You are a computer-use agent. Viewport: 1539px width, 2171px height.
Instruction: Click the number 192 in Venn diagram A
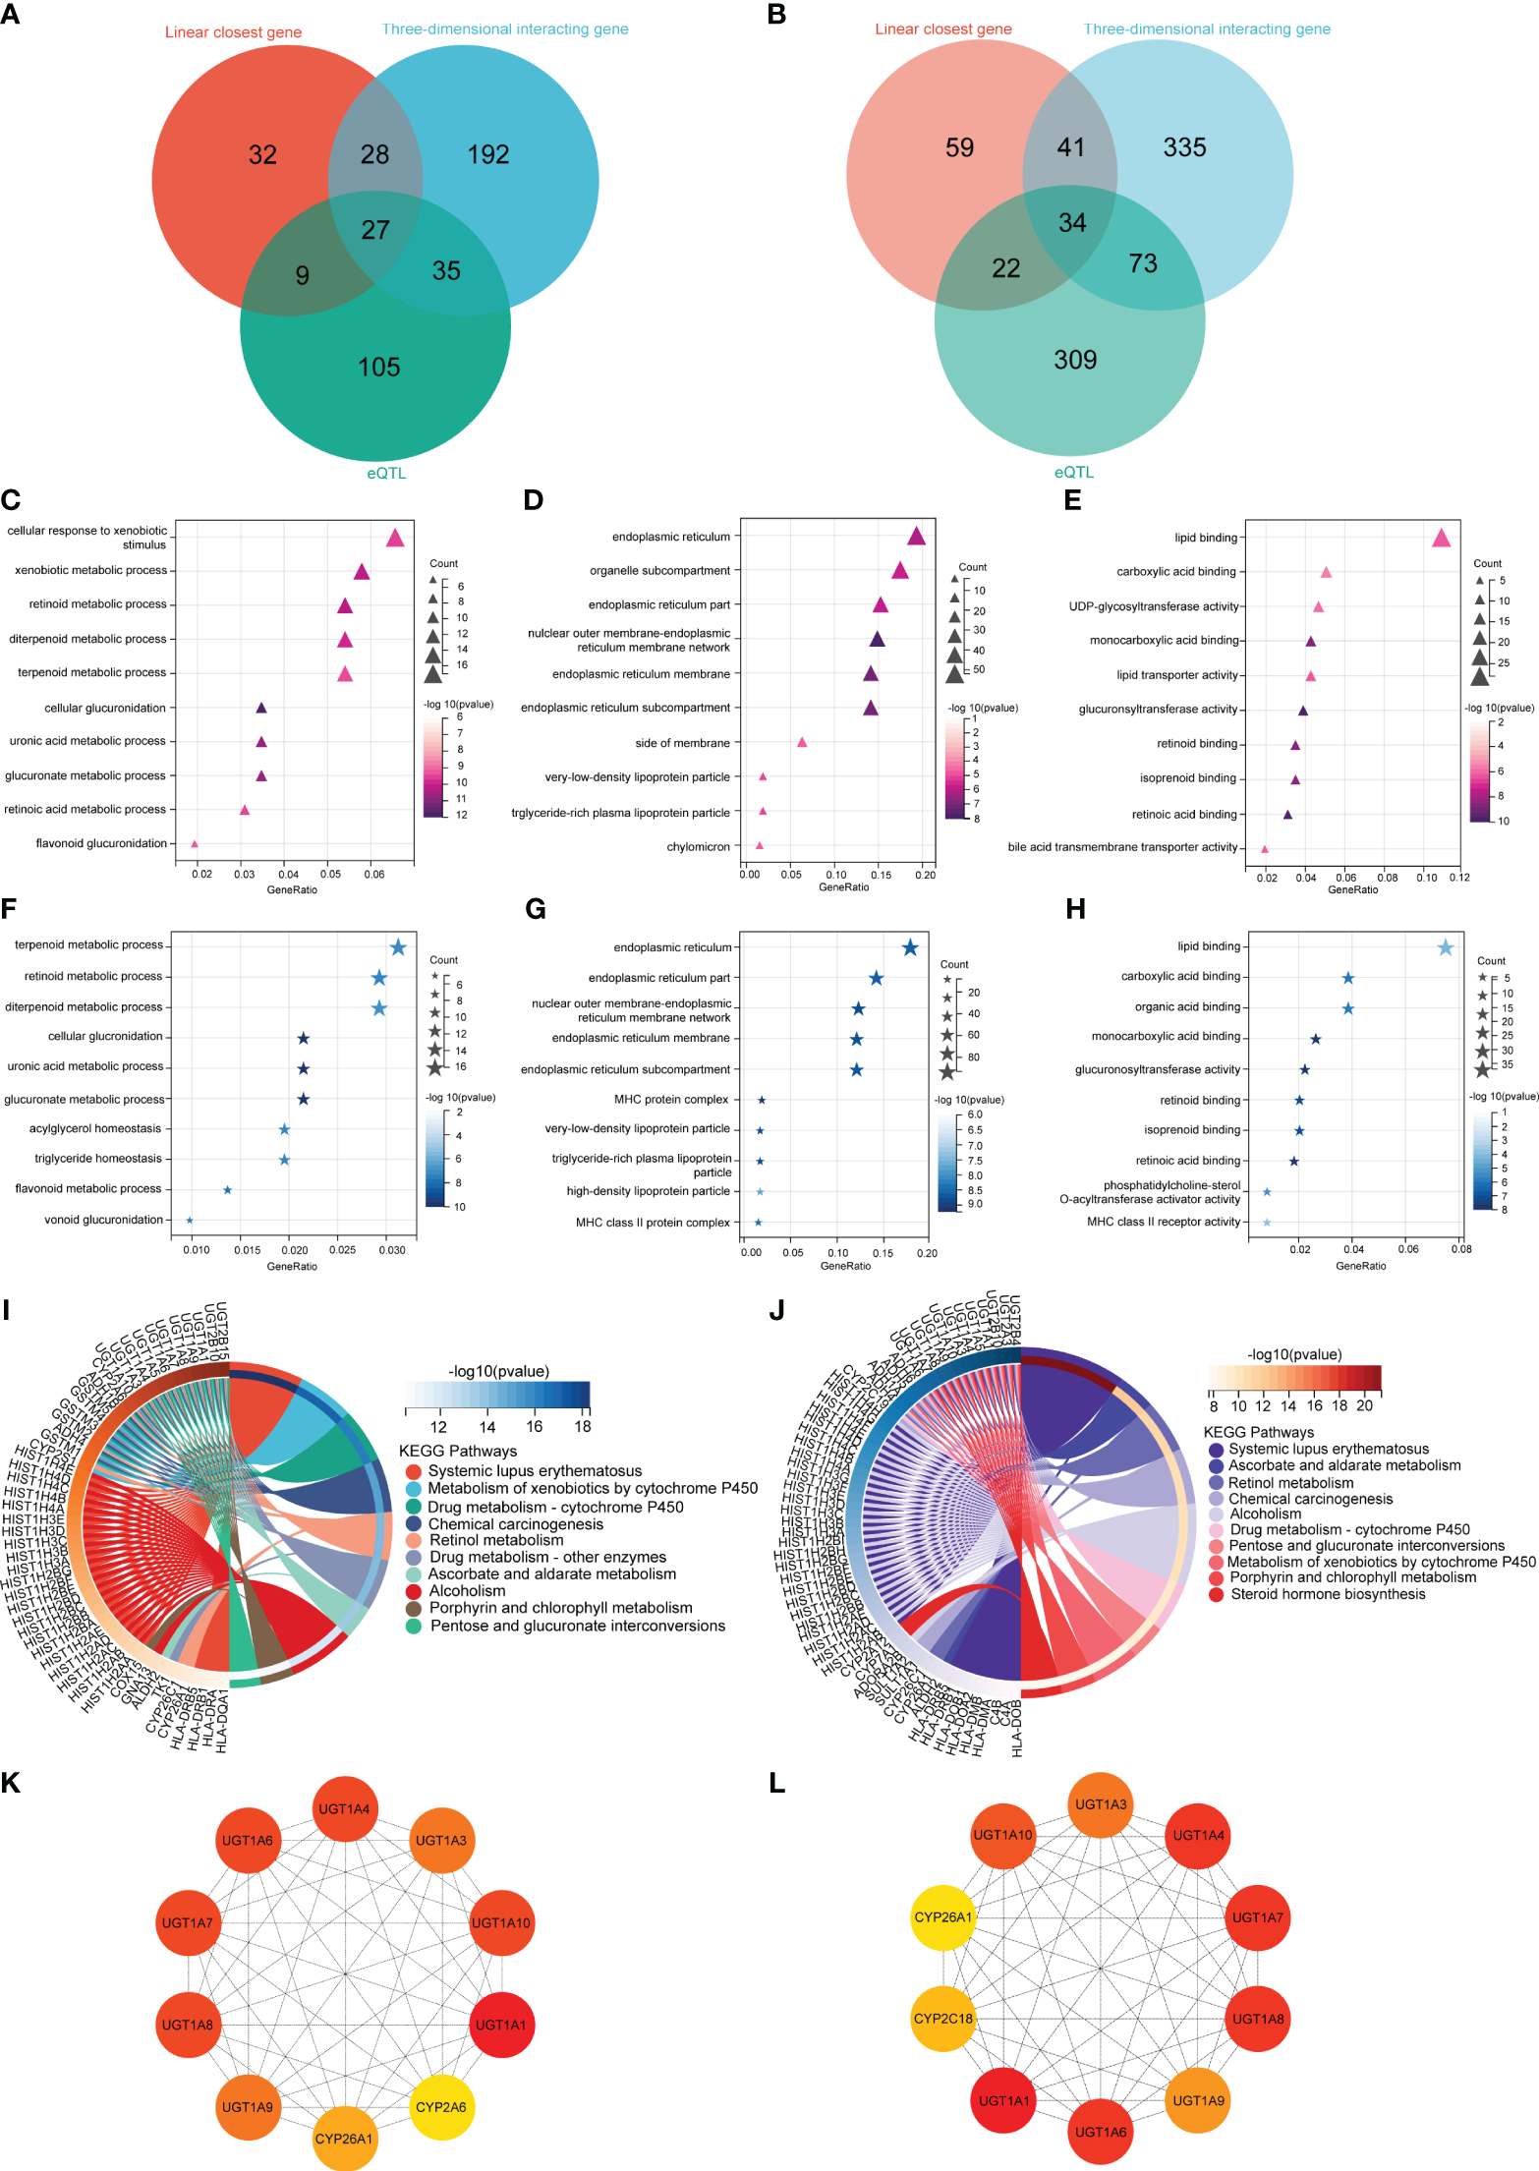click(488, 154)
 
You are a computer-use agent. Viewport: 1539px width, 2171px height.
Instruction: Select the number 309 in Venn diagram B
click(1075, 360)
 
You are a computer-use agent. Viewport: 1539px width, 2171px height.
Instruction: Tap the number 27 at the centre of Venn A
click(375, 230)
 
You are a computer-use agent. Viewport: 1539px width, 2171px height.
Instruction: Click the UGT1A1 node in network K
click(501, 2025)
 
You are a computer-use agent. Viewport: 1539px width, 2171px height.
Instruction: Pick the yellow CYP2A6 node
click(440, 2107)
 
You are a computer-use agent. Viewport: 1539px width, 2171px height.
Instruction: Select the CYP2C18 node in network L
click(943, 2019)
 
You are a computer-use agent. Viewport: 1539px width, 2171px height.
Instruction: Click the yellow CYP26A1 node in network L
click(943, 1916)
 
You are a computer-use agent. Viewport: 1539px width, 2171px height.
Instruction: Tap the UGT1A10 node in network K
click(501, 1922)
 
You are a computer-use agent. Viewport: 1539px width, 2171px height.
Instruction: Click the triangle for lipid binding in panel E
click(1441, 538)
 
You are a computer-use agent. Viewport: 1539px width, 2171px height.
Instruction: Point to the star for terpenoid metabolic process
click(398, 947)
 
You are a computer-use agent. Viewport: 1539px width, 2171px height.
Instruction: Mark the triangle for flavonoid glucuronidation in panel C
click(195, 844)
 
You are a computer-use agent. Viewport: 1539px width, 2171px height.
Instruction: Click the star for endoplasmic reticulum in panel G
click(910, 947)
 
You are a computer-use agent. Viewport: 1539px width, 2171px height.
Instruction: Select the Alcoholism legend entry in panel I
click(467, 1590)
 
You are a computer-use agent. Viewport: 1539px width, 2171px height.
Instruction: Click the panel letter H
click(1076, 909)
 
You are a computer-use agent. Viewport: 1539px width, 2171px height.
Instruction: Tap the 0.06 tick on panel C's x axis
click(373, 875)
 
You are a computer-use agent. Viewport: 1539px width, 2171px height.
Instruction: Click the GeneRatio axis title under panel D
click(843, 887)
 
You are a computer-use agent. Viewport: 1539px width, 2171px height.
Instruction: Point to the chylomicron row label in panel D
click(698, 846)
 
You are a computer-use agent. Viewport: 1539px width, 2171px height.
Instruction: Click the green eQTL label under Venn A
click(386, 473)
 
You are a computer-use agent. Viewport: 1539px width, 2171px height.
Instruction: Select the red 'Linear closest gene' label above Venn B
click(943, 29)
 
